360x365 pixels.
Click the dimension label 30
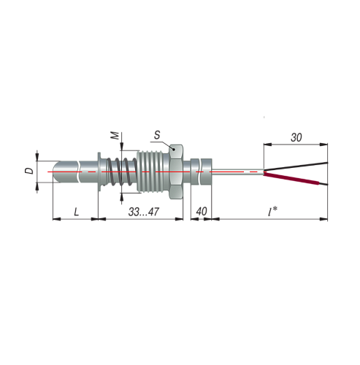click(x=296, y=137)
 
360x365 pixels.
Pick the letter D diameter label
click(x=28, y=172)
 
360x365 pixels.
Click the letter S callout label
click(x=156, y=135)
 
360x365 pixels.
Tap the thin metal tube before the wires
click(x=237, y=173)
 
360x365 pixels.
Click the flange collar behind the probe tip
click(x=98, y=172)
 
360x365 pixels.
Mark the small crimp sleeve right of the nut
click(x=202, y=173)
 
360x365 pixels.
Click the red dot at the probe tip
click(x=50, y=172)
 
